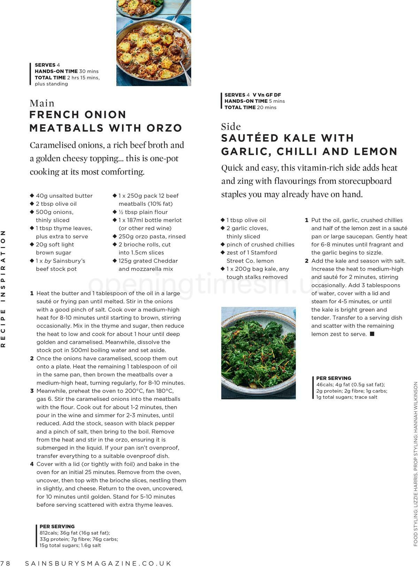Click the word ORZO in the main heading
point(164,128)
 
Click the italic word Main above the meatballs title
point(42,103)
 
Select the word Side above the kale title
point(231,126)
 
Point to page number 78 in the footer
point(6,563)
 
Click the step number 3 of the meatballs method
point(32,391)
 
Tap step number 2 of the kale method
point(307,261)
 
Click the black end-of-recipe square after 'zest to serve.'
point(372,334)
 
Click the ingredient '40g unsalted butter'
point(64,196)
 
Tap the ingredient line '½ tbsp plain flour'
point(143,212)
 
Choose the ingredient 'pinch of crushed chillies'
point(260,244)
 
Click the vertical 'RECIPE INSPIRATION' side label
point(3,288)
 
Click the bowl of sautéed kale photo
point(258,352)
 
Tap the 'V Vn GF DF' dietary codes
point(267,95)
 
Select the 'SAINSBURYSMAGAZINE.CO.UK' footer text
point(98,563)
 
